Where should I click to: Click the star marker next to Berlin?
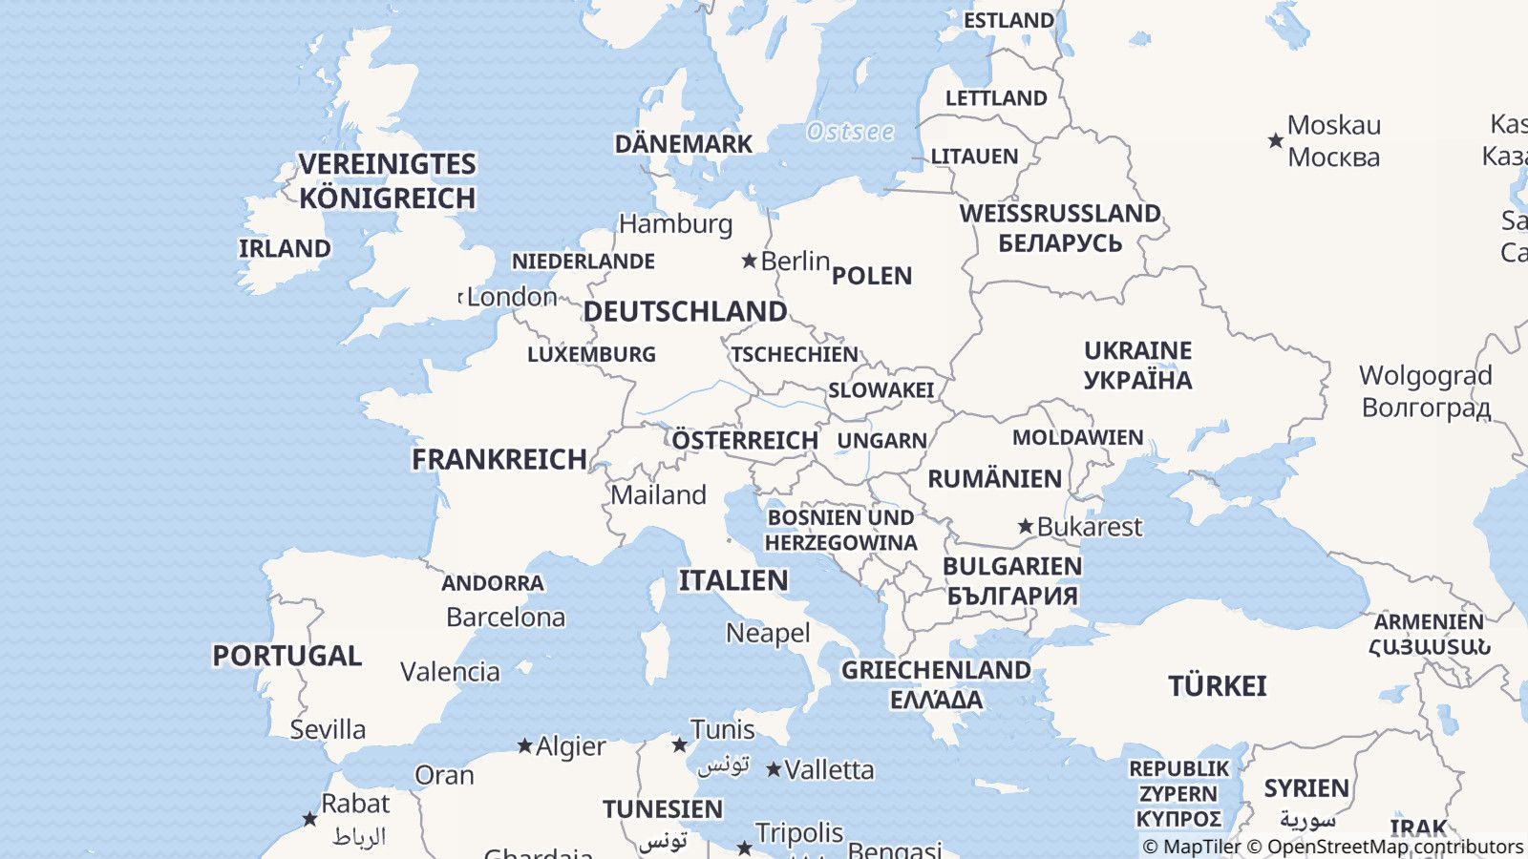[750, 261]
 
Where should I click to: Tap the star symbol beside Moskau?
[1275, 141]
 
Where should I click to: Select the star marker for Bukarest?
[1026, 526]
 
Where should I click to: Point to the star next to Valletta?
[774, 769]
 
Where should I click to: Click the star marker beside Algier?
[524, 745]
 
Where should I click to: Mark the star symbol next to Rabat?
[309, 819]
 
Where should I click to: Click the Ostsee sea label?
[850, 132]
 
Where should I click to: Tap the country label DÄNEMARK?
[683, 144]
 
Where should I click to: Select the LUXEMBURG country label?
[591, 354]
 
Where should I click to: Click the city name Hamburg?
[675, 223]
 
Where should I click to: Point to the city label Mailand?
[658, 494]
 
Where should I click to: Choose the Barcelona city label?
[505, 618]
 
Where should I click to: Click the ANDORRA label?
[492, 583]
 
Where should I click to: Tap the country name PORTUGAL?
[286, 656]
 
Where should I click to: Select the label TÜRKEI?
[1217, 686]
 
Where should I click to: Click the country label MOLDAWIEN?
[1077, 437]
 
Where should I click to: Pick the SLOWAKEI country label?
[881, 390]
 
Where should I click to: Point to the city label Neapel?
[768, 633]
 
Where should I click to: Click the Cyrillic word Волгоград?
[1426, 408]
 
